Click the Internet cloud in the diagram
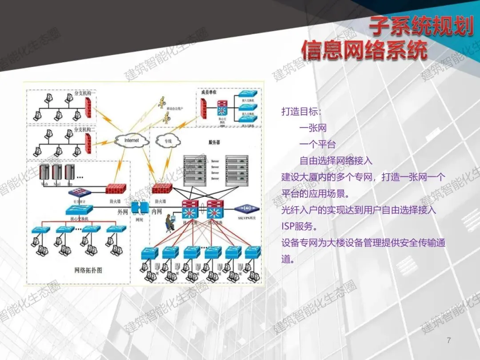tap(132, 140)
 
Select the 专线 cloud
tap(168, 141)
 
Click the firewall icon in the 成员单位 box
tap(204, 108)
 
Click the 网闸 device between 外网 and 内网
tap(140, 208)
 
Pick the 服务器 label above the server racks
tap(215, 143)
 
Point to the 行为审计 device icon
tap(80, 192)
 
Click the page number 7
tap(448, 340)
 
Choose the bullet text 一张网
tap(313, 128)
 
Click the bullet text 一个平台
tap(317, 144)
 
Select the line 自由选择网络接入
tap(336, 161)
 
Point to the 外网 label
tap(123, 212)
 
